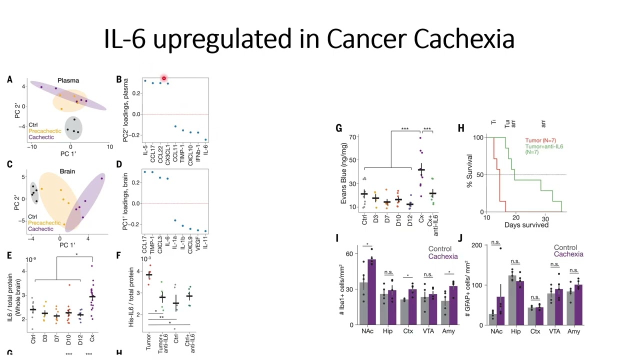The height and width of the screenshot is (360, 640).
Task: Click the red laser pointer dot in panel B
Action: pos(163,78)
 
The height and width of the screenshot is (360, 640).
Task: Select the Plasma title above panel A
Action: pos(68,80)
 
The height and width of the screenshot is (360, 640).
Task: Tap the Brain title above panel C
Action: pos(67,171)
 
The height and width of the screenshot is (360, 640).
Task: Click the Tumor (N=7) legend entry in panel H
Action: pos(540,140)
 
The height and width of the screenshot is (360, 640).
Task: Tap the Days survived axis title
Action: pos(526,225)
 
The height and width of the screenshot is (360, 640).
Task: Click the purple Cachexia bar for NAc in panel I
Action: pos(371,292)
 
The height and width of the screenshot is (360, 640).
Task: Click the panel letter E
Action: pos(9,256)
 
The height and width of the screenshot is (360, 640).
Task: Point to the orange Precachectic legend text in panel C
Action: pos(44,223)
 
